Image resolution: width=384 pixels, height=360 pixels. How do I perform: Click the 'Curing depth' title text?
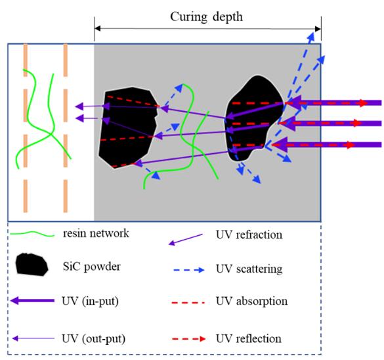207,17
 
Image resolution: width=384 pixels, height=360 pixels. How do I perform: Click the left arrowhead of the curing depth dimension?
97,28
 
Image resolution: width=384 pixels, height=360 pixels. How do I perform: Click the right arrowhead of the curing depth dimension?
318,29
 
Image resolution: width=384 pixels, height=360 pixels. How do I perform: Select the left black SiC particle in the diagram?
128,127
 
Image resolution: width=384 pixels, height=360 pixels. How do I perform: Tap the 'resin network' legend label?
96,233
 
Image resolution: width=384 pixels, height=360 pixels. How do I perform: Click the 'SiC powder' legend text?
92,267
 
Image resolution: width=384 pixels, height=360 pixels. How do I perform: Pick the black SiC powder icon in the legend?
32,264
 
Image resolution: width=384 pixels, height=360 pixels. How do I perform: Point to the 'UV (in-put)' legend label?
90,301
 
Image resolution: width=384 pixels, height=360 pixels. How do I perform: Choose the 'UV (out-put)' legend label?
94,339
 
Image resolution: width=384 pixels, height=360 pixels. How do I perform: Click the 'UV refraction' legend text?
249,235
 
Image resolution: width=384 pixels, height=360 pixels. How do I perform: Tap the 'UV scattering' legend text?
249,269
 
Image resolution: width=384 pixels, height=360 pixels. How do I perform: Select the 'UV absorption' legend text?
252,301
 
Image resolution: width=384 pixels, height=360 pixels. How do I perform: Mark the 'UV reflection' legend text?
249,339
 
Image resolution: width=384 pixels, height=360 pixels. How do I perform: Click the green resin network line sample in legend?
32,234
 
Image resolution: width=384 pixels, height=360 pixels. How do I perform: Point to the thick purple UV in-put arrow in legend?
32,300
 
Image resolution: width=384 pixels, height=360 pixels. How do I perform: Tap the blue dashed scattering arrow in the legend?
188,270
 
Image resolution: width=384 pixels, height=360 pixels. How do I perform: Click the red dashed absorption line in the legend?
188,303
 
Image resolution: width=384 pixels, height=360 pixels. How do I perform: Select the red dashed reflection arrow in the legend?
188,339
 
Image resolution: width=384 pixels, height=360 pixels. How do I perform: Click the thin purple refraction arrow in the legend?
185,240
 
